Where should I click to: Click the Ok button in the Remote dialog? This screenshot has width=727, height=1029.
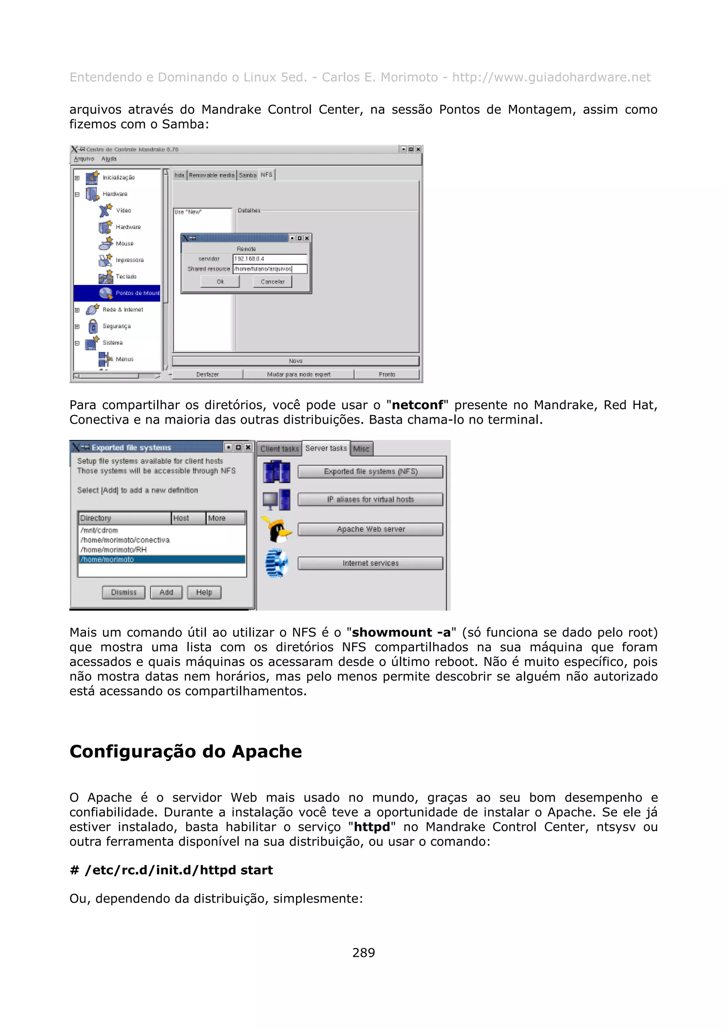coord(220,282)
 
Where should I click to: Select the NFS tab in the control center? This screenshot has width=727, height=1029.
coord(267,175)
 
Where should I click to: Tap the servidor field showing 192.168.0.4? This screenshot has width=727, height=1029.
coord(270,258)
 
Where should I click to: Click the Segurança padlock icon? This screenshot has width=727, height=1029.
coord(93,326)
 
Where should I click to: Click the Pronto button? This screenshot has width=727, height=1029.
coord(387,374)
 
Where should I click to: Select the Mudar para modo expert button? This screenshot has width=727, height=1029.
coord(298,374)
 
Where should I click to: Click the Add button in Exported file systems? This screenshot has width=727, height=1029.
coord(166,592)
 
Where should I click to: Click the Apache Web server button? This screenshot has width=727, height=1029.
coord(371,529)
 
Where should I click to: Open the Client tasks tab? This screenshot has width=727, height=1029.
coord(279,448)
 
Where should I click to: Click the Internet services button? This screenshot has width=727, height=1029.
coord(371,563)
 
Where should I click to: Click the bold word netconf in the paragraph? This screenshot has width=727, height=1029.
coord(417,405)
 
